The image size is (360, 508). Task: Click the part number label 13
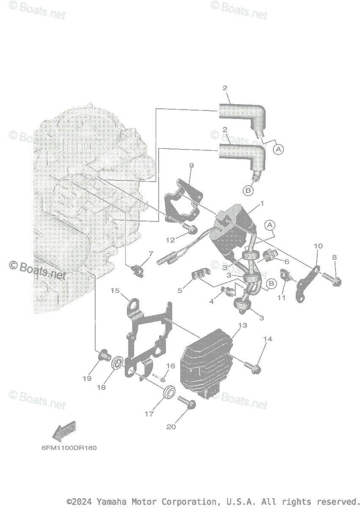pyautogui.click(x=242, y=325)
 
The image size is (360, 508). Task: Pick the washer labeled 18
pyautogui.click(x=117, y=363)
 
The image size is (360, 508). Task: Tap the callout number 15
pyautogui.click(x=115, y=290)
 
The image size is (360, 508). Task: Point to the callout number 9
pyautogui.click(x=191, y=166)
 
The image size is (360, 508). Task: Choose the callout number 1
pyautogui.click(x=262, y=204)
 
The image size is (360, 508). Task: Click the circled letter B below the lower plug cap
pyautogui.click(x=248, y=191)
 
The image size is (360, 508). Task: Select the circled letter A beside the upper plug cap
pyautogui.click(x=278, y=149)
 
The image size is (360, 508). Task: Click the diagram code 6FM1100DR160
pyautogui.click(x=69, y=447)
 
